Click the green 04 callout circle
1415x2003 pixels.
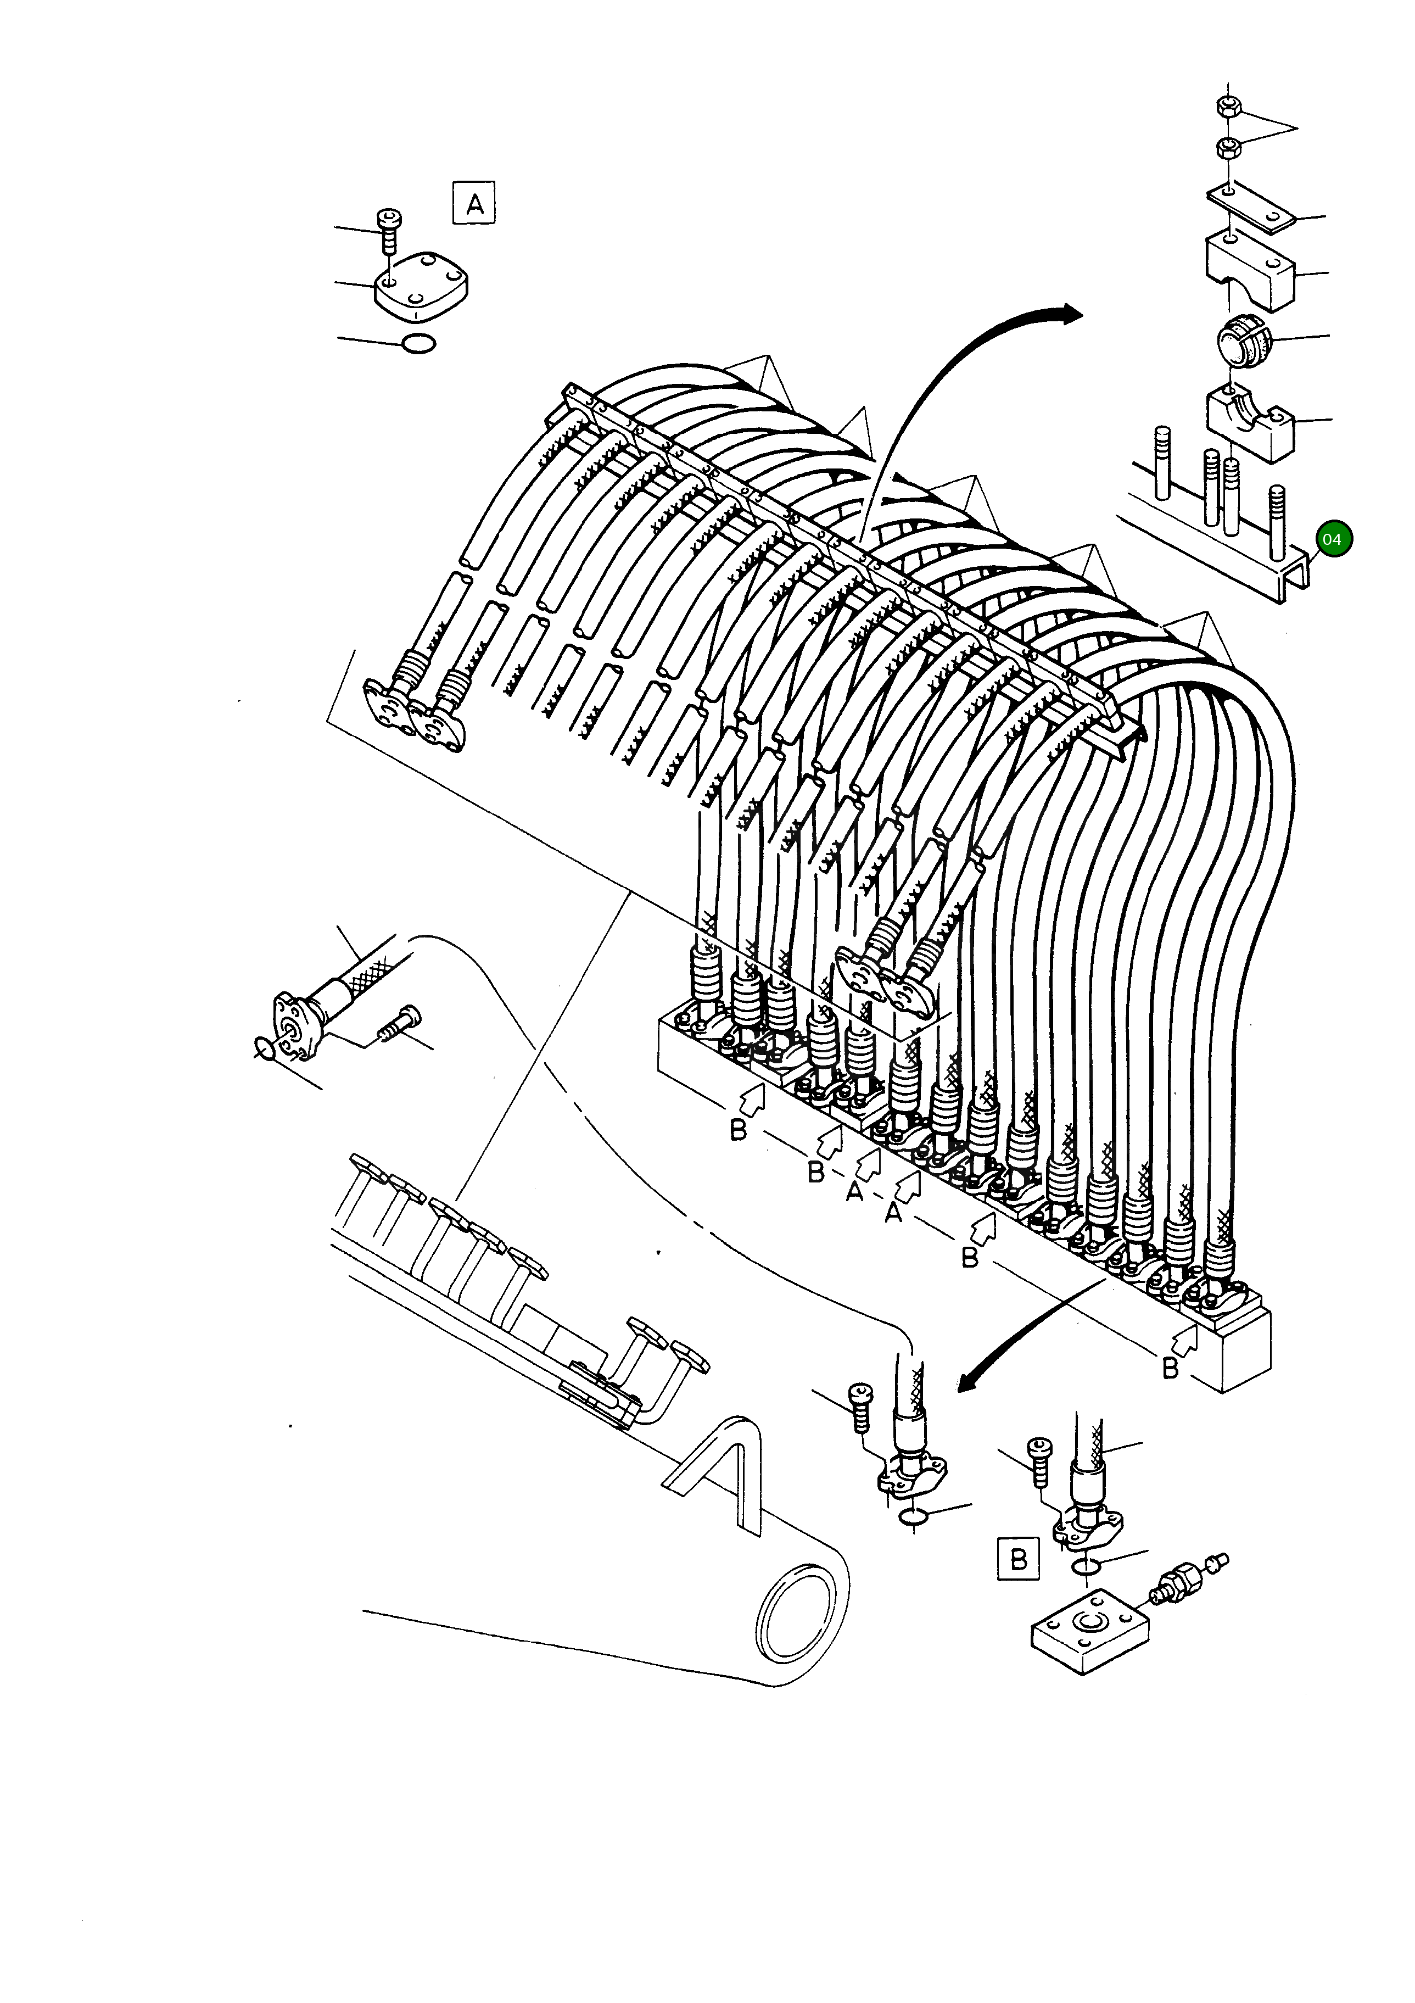click(1332, 539)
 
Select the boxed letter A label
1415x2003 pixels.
click(474, 204)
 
